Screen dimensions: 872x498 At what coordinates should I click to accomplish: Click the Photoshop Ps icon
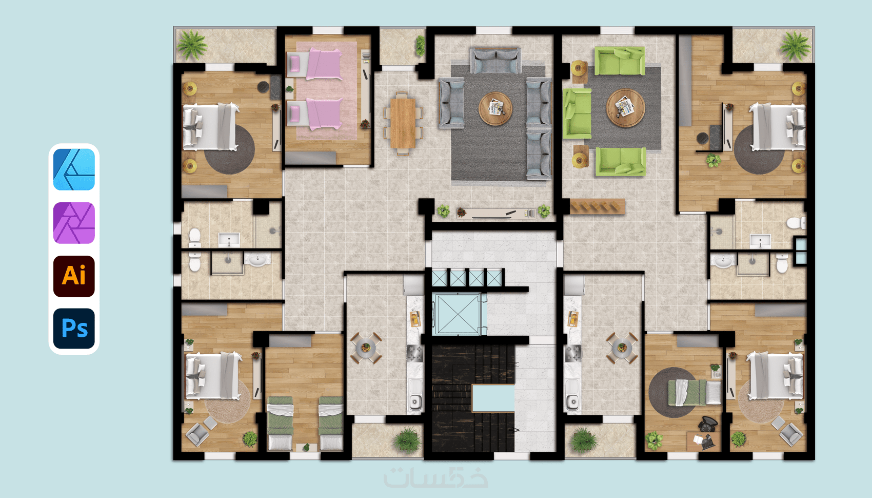tap(74, 329)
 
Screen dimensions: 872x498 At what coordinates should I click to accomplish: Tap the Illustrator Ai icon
tap(74, 276)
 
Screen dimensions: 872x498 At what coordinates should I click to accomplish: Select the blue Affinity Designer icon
tap(74, 169)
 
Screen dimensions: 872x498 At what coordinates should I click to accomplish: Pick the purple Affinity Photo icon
tap(74, 223)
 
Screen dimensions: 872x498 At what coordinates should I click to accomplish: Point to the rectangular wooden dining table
tap(403, 123)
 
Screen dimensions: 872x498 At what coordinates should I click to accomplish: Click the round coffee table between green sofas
tap(626, 108)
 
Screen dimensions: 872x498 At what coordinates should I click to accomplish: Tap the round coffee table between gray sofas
tap(496, 109)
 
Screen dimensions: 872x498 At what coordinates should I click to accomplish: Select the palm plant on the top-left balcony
tap(191, 45)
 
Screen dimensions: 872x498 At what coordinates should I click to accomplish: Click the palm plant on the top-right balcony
tap(795, 46)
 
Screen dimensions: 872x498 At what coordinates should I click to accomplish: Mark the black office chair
tap(708, 424)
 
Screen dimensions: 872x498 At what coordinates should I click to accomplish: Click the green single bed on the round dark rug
tap(695, 392)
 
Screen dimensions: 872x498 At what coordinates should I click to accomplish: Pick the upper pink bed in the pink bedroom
tap(314, 64)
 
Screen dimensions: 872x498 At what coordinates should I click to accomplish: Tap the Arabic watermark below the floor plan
tap(435, 477)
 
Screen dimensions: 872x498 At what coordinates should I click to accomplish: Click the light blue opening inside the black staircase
tap(493, 398)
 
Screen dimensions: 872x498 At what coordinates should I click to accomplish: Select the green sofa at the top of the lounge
tap(619, 61)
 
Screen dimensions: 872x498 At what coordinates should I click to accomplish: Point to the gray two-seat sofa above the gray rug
tap(496, 61)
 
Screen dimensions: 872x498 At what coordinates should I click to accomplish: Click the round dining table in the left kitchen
tap(366, 348)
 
